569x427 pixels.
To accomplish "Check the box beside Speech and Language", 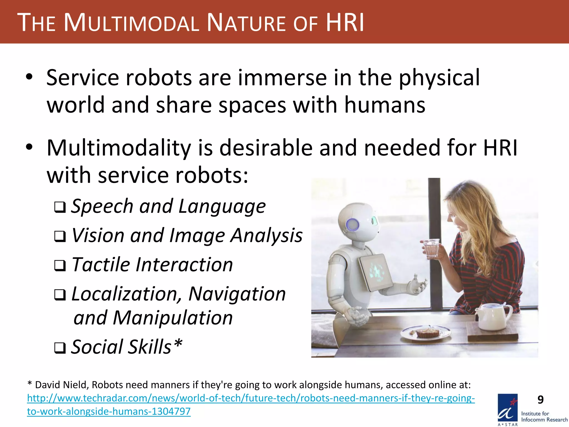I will click(x=60, y=207).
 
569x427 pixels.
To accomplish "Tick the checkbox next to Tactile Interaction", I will click(x=60, y=266).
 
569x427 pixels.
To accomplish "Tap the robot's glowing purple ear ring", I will click(x=352, y=224).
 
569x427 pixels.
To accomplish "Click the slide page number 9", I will click(x=540, y=400).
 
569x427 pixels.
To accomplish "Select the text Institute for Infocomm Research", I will click(x=544, y=417).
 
